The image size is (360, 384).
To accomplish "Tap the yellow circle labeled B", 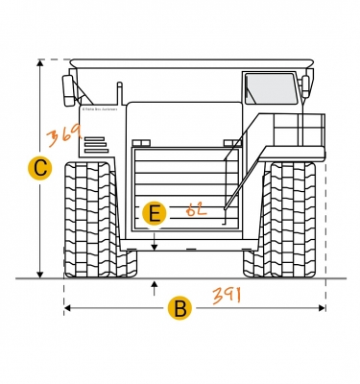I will coord(179,308).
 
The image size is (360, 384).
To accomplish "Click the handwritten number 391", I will coord(227,295).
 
